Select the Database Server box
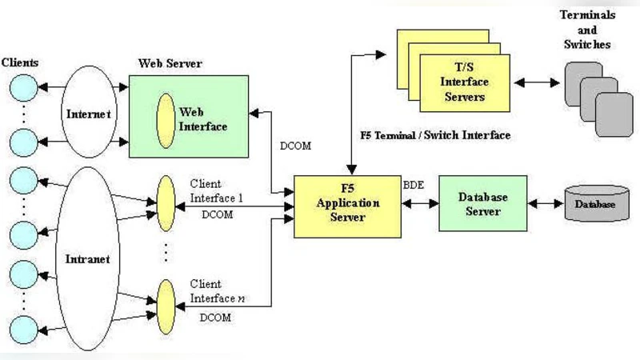pyautogui.click(x=482, y=204)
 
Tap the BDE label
pyautogui.click(x=414, y=185)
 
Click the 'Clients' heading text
pyautogui.click(x=21, y=62)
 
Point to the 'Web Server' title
pyautogui.click(x=170, y=63)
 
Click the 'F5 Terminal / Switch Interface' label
pyautogui.click(x=435, y=135)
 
